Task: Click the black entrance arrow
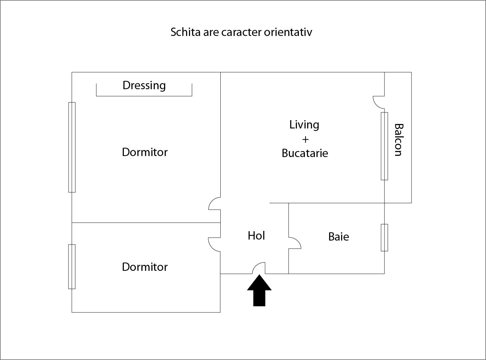[259, 290]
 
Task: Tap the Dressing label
[144, 85]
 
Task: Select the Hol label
[256, 236]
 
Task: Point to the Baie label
[339, 237]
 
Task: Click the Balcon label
[399, 140]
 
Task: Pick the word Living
[304, 125]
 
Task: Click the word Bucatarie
[305, 153]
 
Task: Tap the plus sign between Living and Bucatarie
[305, 139]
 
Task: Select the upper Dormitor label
[144, 152]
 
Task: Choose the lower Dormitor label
[144, 267]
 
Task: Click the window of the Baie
[384, 238]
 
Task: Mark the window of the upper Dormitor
[72, 147]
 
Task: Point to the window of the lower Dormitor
[72, 267]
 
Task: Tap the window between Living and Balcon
[384, 146]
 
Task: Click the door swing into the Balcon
[378, 102]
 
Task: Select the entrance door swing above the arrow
[259, 268]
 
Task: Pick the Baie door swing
[295, 243]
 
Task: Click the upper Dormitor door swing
[214, 204]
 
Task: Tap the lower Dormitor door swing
[214, 244]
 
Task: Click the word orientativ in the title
[288, 32]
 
